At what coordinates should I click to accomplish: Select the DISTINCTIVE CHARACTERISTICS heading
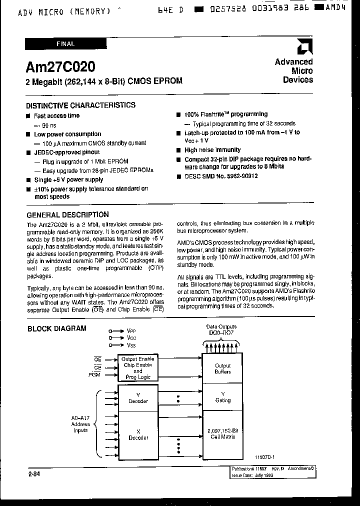pos(80,105)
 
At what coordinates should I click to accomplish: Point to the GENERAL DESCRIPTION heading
pos(67,215)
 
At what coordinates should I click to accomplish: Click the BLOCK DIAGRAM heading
pos(56,328)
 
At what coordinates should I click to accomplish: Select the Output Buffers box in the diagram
pos(222,369)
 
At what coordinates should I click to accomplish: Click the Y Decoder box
pos(138,397)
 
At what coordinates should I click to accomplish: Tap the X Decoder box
pos(138,434)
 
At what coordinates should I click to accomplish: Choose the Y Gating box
pos(222,397)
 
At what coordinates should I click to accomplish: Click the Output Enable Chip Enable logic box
pos(137,368)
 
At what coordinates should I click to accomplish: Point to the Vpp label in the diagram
pos(131,331)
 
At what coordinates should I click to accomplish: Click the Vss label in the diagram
pos(131,345)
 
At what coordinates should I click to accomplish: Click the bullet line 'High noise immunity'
pos(212,150)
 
